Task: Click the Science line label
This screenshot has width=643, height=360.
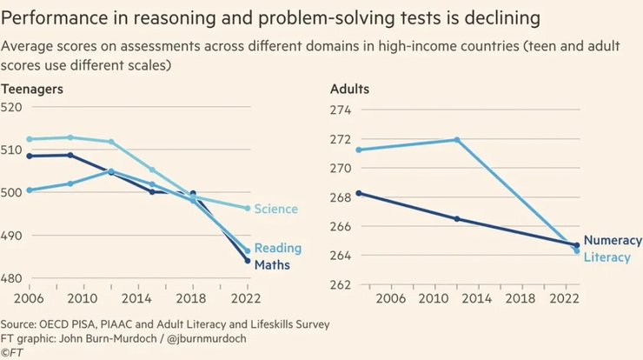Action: point(275,209)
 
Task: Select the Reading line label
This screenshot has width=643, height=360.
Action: point(277,249)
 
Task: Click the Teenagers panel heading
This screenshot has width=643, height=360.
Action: point(32,89)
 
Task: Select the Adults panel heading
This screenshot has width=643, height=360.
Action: point(350,89)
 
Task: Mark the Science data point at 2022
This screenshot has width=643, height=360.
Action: point(248,209)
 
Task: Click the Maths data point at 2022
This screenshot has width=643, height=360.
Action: point(248,260)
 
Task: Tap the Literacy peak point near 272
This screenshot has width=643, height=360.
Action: point(457,140)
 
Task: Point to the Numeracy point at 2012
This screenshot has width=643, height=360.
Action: point(457,219)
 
